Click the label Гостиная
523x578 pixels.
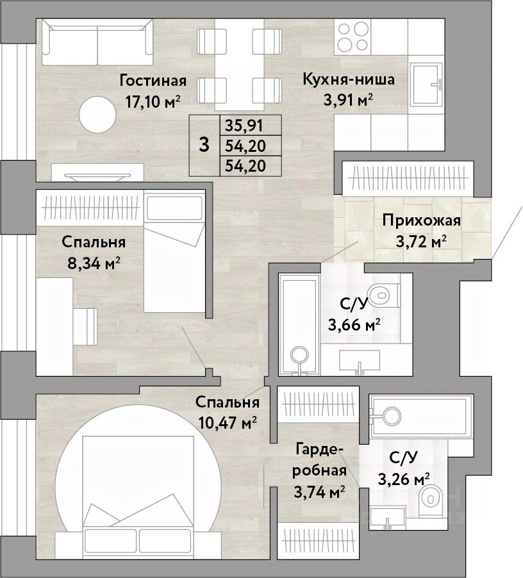pyautogui.click(x=153, y=81)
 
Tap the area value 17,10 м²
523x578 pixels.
pyautogui.click(x=153, y=101)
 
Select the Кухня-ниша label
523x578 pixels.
pyautogui.click(x=348, y=79)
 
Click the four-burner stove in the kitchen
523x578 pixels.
pyautogui.click(x=353, y=37)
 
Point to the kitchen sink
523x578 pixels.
pyautogui.click(x=427, y=85)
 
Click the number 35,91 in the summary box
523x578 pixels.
pyautogui.click(x=244, y=126)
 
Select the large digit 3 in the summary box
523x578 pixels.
pyautogui.click(x=204, y=145)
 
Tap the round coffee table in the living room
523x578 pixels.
pyautogui.click(x=97, y=115)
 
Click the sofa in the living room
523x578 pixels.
pyautogui.click(x=97, y=42)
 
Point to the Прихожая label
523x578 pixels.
pyautogui.click(x=421, y=220)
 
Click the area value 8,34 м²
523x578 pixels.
pyautogui.click(x=94, y=263)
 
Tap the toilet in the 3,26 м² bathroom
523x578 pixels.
pyautogui.click(x=430, y=499)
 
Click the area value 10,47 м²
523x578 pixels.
pyautogui.click(x=228, y=422)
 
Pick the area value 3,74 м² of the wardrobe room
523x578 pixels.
pyautogui.click(x=319, y=491)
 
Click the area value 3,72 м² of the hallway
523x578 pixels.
pyautogui.click(x=421, y=242)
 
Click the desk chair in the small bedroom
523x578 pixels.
pyautogui.click(x=85, y=327)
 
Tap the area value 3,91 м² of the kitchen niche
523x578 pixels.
pyautogui.click(x=348, y=100)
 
